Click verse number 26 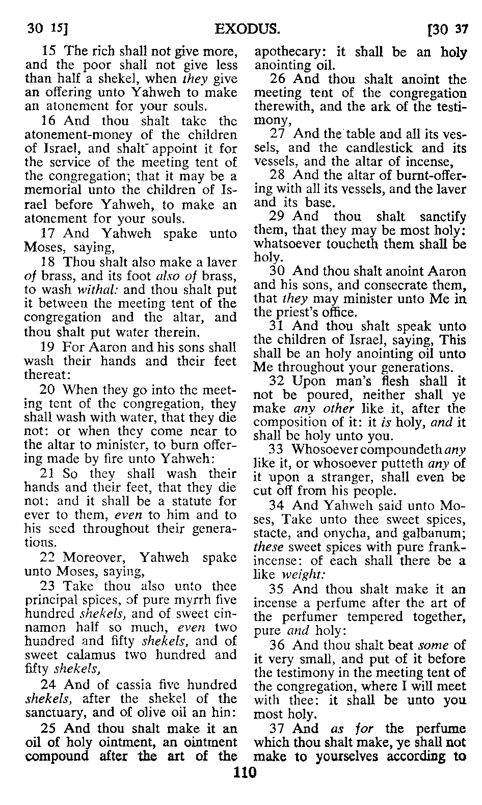[x=279, y=80]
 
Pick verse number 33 [x=279, y=450]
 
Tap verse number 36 [x=279, y=646]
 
